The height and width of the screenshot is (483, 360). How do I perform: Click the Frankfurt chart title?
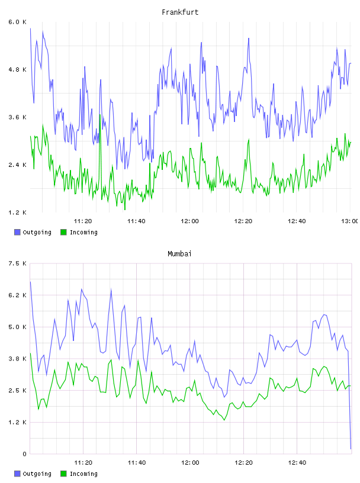[180, 12]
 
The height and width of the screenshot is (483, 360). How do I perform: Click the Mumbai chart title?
[179, 254]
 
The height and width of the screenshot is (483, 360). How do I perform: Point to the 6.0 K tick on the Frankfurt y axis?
[18, 22]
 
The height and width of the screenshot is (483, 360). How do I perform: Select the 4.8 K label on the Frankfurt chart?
[18, 70]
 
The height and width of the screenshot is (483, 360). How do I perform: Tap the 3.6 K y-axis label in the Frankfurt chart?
[18, 117]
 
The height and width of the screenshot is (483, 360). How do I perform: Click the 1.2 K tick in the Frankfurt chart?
[18, 212]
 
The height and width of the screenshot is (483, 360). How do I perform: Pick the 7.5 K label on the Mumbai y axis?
[18, 263]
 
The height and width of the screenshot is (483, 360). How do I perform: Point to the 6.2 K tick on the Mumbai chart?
[18, 295]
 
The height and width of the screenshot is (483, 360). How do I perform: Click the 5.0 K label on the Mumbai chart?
[18, 327]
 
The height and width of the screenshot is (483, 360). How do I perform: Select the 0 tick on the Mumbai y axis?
[24, 454]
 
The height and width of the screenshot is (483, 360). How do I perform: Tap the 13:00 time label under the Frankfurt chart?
[350, 221]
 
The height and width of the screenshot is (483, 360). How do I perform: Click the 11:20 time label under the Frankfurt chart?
[83, 221]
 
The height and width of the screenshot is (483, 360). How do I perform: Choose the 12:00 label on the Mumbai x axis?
[190, 463]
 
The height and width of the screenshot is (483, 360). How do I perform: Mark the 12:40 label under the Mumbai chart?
[297, 463]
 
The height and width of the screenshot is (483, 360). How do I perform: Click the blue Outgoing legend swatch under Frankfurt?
[17, 232]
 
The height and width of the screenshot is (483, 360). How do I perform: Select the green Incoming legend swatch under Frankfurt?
[63, 232]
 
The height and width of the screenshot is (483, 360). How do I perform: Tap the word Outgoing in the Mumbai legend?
[37, 474]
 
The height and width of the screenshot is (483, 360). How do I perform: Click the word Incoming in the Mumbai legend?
[83, 474]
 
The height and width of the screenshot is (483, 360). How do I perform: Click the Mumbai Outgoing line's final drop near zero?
[350, 401]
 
